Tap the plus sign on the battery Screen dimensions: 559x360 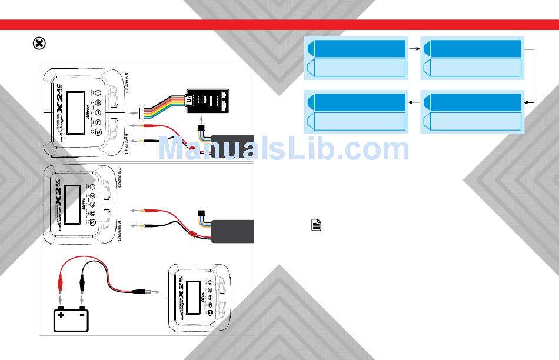[61, 315]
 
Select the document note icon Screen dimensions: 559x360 [316, 225]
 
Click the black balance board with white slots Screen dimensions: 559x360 [209, 101]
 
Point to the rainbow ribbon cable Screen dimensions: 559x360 [165, 106]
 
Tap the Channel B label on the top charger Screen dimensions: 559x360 [126, 83]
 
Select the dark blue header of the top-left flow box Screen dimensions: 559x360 [357, 48]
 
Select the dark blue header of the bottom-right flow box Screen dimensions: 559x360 [473, 102]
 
